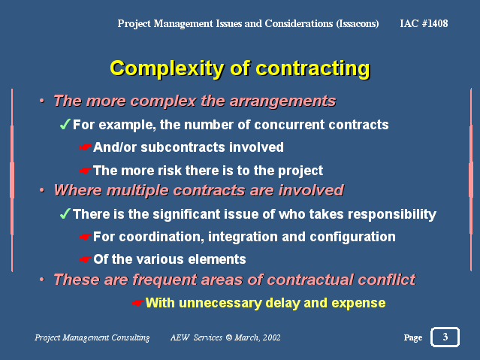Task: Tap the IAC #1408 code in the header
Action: (424, 23)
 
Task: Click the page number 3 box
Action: (445, 337)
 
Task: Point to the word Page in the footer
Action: (413, 337)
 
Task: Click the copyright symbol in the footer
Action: (229, 337)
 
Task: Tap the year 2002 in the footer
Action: (271, 337)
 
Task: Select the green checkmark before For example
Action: (65, 125)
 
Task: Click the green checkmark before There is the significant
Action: (65, 214)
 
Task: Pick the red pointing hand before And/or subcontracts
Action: (86, 147)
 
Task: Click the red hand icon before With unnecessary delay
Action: (137, 303)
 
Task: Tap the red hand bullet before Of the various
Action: (86, 259)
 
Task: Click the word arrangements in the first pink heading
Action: (282, 101)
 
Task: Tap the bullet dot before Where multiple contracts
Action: (42, 190)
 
